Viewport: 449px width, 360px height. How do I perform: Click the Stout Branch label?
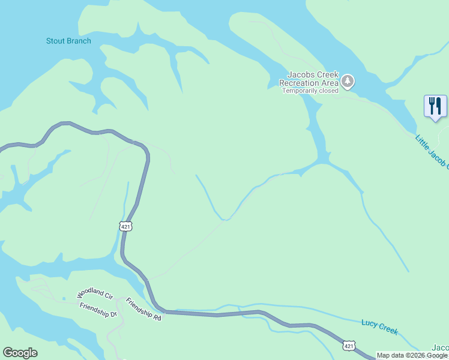(68, 41)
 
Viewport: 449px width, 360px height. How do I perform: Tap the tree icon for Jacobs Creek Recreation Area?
(348, 81)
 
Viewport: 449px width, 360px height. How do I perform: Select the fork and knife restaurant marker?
(435, 106)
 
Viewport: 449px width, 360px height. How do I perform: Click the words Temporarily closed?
(310, 91)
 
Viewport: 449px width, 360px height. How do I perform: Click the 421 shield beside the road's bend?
(125, 226)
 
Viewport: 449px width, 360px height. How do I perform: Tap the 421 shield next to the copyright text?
(349, 345)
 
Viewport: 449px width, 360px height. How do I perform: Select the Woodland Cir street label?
(95, 295)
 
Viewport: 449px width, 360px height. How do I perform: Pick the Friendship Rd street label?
(144, 309)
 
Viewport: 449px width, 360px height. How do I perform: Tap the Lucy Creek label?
(379, 326)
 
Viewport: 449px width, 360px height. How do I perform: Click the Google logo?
(20, 353)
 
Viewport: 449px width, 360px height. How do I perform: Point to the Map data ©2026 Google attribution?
(412, 355)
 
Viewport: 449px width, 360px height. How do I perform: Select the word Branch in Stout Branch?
(79, 41)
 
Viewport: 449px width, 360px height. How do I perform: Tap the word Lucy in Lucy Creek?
(369, 324)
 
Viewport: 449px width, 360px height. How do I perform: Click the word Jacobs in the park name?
(298, 74)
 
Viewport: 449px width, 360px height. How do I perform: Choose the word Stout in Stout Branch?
(56, 41)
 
